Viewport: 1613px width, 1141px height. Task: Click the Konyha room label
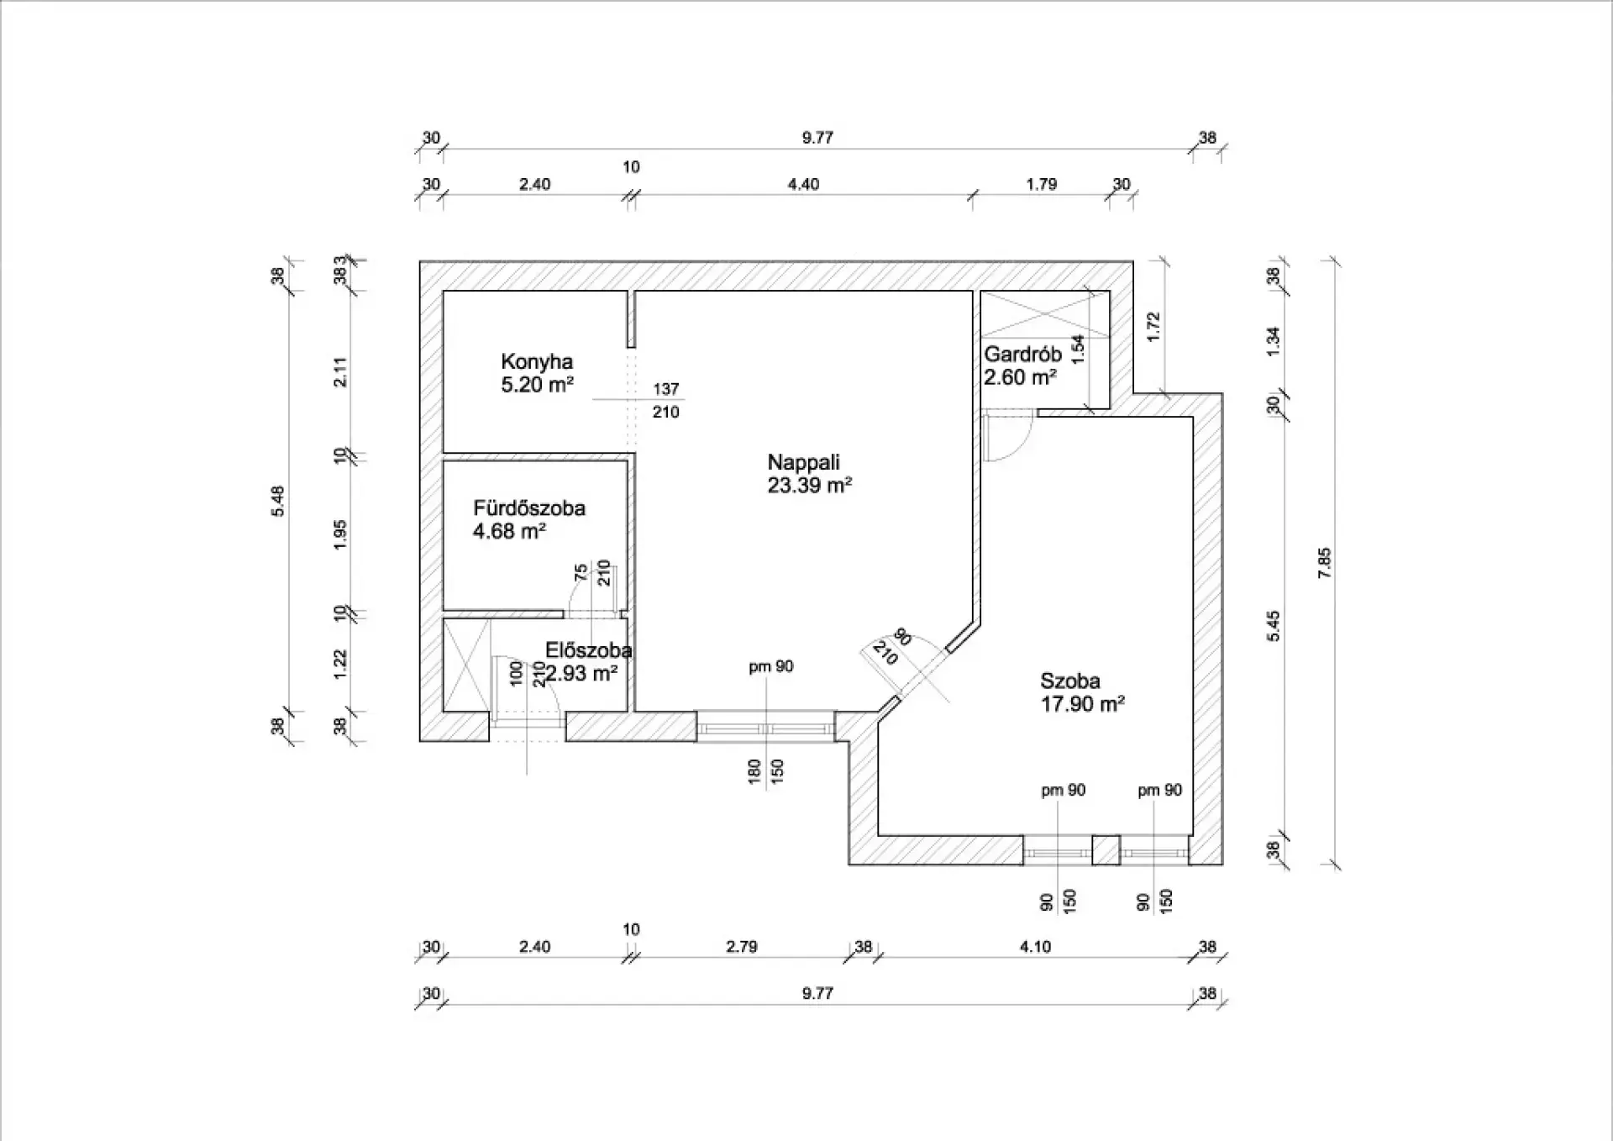point(537,362)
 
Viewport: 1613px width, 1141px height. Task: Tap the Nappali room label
point(803,462)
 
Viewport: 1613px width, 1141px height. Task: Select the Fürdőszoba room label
point(528,508)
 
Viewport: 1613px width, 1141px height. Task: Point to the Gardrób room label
point(1022,355)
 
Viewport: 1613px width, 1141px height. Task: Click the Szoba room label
point(1069,681)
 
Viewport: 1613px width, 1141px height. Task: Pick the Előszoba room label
point(588,650)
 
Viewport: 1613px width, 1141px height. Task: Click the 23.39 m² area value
point(809,486)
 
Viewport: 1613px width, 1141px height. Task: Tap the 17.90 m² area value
point(1082,704)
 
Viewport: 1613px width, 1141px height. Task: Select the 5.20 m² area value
point(537,386)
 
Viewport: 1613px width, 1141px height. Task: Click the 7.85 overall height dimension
point(1324,563)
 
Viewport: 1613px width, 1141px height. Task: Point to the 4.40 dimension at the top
point(803,185)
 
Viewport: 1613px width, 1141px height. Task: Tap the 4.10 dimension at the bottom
point(1035,947)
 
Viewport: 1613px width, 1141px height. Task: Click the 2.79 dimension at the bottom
point(742,947)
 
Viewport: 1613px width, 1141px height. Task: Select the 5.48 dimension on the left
point(278,502)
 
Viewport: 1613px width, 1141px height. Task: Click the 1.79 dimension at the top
point(1041,185)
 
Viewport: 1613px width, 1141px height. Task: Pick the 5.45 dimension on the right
point(1274,626)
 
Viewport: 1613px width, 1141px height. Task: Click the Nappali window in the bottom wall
point(765,728)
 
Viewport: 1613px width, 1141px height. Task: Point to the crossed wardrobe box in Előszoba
point(465,665)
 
